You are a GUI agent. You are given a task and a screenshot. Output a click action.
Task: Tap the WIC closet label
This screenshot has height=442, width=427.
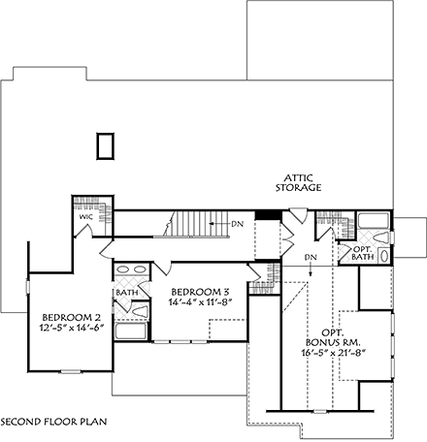pyautogui.click(x=84, y=218)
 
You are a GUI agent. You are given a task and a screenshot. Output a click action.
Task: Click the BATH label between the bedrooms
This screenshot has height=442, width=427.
pyautogui.click(x=127, y=291)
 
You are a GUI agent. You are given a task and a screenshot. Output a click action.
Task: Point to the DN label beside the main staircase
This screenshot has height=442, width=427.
pyautogui.click(x=238, y=224)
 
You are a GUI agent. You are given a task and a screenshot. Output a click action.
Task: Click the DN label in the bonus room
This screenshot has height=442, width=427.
pyautogui.click(x=311, y=257)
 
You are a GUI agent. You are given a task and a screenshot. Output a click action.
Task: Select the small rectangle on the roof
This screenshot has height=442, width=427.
pyautogui.click(x=105, y=146)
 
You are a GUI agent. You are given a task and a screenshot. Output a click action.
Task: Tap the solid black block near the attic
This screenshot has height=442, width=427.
pyautogui.click(x=262, y=217)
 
